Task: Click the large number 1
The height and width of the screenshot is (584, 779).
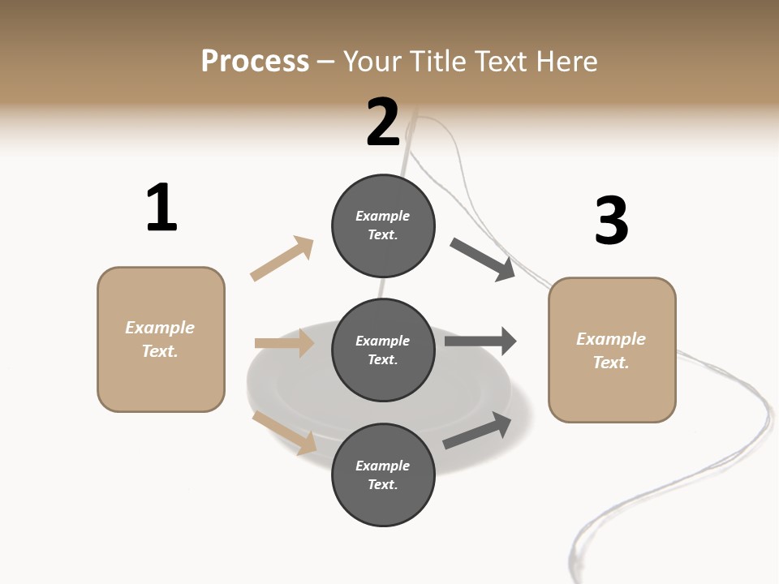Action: tap(161, 208)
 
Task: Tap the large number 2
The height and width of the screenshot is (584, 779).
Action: tap(383, 122)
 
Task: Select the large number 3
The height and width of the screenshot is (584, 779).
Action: tap(611, 221)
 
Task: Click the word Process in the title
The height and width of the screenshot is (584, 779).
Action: tap(255, 61)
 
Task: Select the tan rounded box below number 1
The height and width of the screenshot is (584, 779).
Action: tap(161, 339)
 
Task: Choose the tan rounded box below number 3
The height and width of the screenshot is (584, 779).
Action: tap(612, 350)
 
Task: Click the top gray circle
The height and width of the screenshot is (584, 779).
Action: tap(383, 225)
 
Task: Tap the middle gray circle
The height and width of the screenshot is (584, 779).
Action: tap(383, 350)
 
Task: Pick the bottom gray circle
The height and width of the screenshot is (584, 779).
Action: tap(383, 475)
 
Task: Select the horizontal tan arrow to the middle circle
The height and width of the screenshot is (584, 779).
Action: tap(284, 343)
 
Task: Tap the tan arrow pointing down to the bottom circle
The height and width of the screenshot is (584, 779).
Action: tap(285, 433)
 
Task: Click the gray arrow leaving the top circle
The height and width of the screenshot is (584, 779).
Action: tap(483, 260)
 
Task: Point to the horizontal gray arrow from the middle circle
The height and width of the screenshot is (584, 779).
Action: tap(480, 341)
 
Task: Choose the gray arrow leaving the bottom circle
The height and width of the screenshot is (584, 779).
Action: tap(477, 431)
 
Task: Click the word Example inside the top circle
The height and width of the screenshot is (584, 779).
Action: tap(383, 216)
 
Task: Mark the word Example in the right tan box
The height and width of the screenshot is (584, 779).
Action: tap(611, 339)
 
